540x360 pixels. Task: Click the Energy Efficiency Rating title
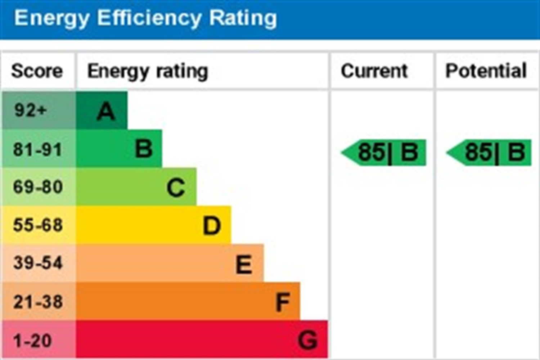(145, 18)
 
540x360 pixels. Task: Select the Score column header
(37, 71)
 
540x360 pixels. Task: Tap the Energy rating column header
(148, 71)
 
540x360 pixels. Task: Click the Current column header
(374, 71)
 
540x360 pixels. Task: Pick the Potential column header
(486, 71)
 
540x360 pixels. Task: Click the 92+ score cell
(31, 110)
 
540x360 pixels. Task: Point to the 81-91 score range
(37, 149)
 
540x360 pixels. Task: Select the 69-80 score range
(38, 187)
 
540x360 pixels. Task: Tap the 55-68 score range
(38, 225)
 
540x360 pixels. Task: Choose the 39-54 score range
(38, 263)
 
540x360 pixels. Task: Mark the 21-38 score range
(38, 302)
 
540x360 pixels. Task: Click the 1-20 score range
(32, 341)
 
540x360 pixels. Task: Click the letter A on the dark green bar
(106, 111)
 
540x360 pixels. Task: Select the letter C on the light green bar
(176, 188)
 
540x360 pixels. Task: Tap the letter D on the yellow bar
(212, 226)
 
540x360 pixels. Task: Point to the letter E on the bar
(244, 265)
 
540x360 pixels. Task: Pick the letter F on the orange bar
(283, 302)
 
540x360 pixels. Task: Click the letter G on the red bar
(308, 340)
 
